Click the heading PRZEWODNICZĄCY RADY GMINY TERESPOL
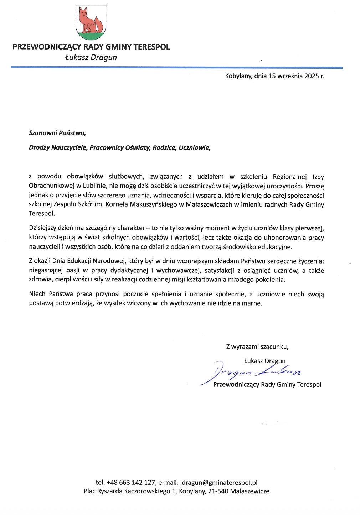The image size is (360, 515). pyautogui.click(x=91, y=47)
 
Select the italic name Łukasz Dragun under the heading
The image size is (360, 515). pyautogui.click(x=91, y=57)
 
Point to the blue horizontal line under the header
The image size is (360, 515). pyautogui.click(x=176, y=67)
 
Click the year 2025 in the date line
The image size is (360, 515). pyautogui.click(x=312, y=76)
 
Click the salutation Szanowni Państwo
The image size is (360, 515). pyautogui.click(x=57, y=134)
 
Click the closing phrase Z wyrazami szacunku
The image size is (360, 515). pyautogui.click(x=257, y=346)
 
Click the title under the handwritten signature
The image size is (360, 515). pyautogui.click(x=267, y=385)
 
